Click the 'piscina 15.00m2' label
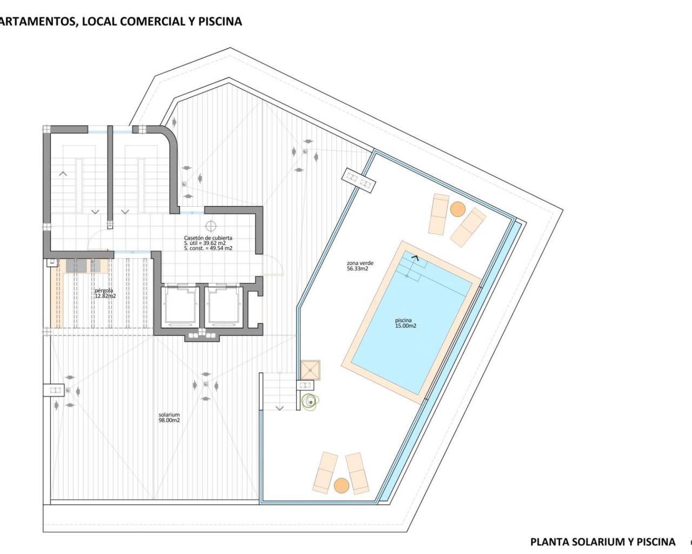click(405, 323)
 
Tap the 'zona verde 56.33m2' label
click(360, 266)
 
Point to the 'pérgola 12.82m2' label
click(105, 293)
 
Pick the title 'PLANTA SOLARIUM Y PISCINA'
click(602, 542)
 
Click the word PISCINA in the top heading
click(221, 22)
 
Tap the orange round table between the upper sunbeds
click(457, 209)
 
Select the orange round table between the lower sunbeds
click(341, 485)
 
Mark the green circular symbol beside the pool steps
click(310, 401)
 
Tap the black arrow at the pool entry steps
click(415, 259)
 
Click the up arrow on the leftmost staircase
click(63, 174)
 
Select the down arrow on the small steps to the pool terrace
click(280, 408)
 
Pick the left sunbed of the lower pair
click(325, 472)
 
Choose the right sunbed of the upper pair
click(468, 226)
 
